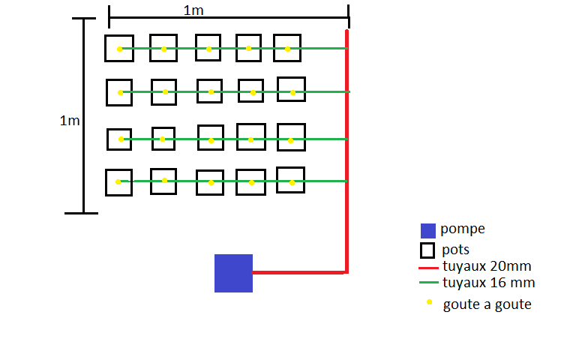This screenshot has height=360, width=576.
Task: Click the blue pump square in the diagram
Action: [x=234, y=273]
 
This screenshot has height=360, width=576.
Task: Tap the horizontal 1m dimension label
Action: [x=193, y=10]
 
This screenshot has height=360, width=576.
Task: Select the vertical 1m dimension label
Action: [x=70, y=121]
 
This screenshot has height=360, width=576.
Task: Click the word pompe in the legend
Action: [x=463, y=229]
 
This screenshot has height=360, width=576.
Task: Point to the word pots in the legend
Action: [x=455, y=250]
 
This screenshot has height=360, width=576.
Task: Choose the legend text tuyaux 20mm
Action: [x=487, y=266]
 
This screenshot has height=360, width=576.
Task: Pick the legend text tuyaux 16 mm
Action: [x=488, y=283]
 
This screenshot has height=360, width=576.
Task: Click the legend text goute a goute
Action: [x=487, y=304]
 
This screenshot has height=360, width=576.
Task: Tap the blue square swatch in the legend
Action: [x=428, y=231]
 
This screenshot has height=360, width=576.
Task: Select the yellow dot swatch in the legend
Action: [x=429, y=302]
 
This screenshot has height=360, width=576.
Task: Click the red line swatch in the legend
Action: [x=428, y=268]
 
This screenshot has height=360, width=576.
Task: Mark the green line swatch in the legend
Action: [x=429, y=283]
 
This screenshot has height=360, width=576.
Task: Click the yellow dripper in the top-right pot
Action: [x=288, y=49]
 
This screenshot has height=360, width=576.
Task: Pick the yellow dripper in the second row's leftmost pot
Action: [x=120, y=92]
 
